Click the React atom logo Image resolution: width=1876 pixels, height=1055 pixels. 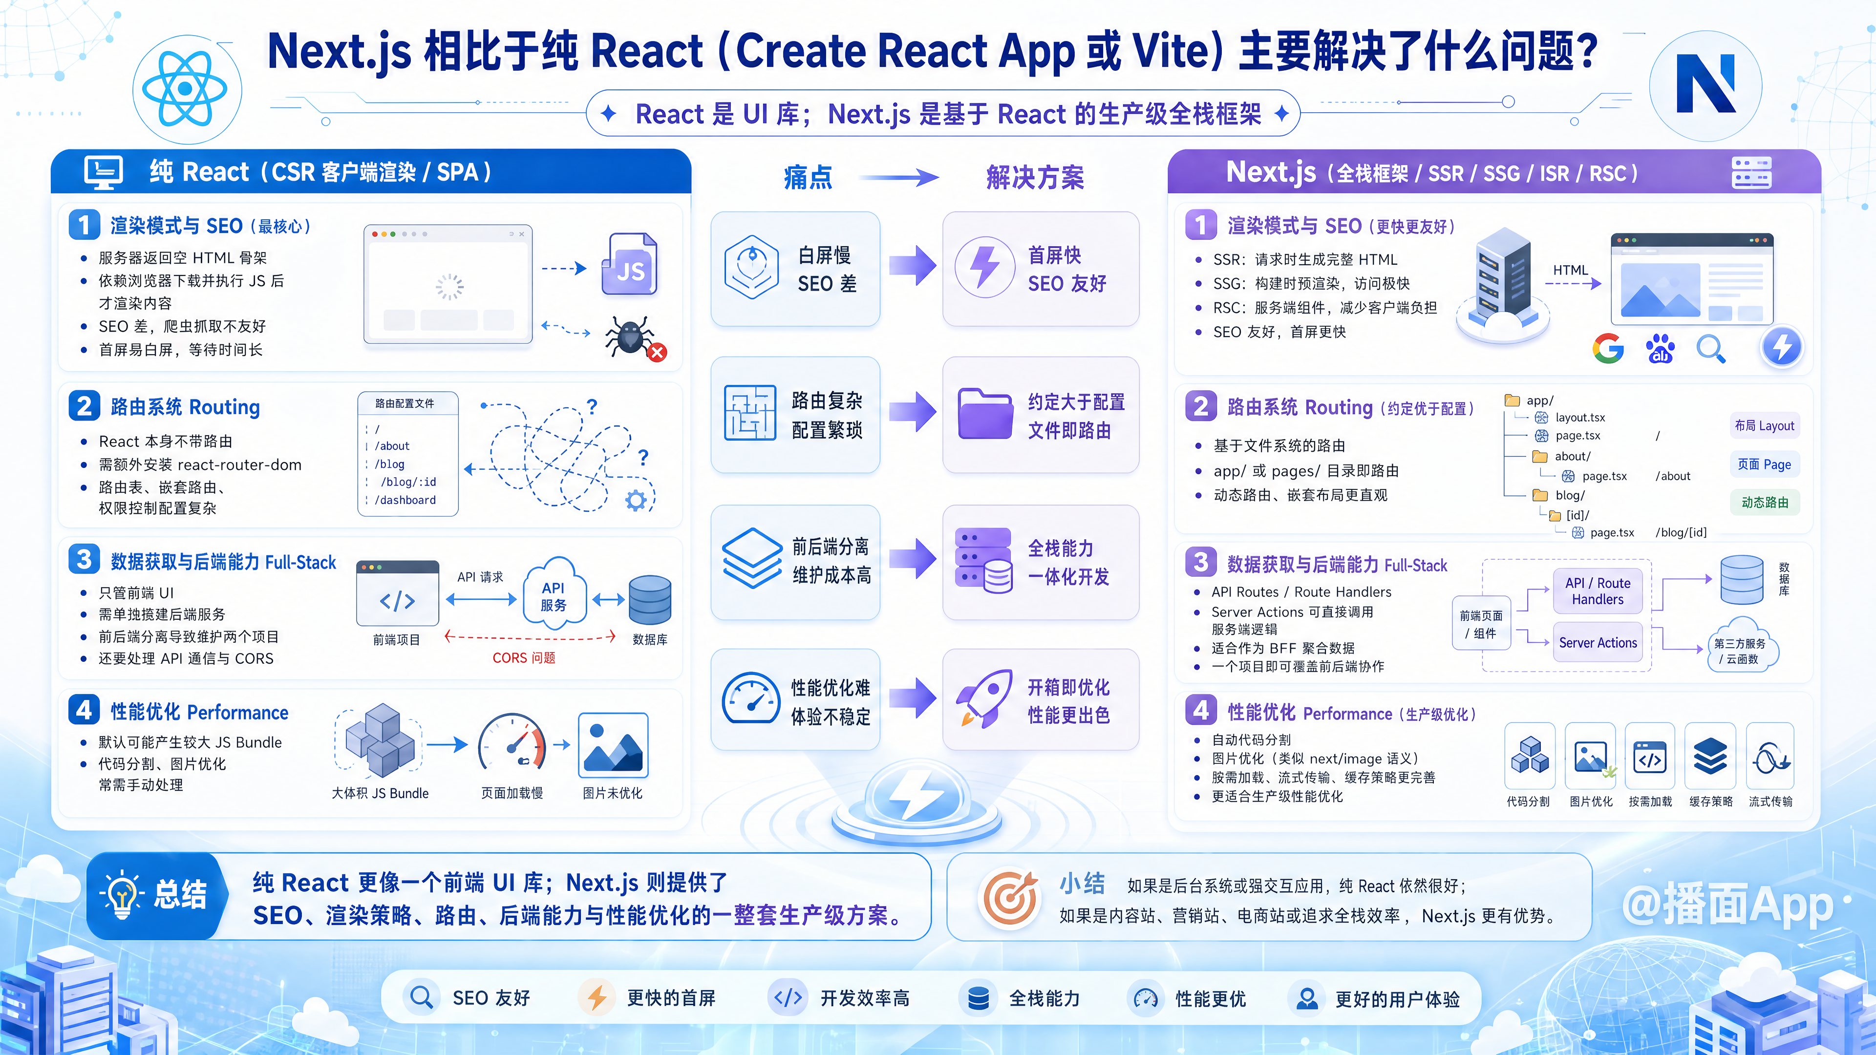coord(185,89)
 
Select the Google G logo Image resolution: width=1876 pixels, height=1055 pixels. coord(1608,349)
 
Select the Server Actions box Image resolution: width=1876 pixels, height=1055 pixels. coord(1598,643)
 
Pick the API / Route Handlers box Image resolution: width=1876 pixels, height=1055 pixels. coord(1598,591)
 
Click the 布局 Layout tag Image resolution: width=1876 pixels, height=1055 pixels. coord(1764,426)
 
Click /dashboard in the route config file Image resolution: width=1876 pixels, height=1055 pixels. coord(405,500)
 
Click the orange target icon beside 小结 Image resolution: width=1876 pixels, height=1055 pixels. coord(1010,898)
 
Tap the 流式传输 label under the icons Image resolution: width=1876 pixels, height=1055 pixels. coord(1770,802)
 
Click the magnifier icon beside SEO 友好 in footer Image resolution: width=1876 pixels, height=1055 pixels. coord(421,997)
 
